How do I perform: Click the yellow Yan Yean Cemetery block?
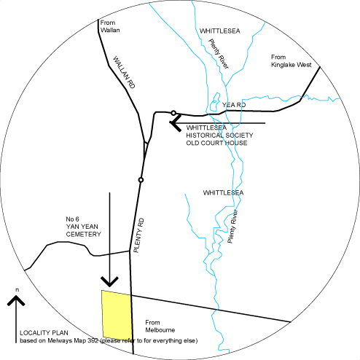117,315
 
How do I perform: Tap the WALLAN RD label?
124,72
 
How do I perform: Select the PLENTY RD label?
139,235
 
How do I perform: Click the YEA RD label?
234,105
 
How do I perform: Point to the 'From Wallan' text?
110,26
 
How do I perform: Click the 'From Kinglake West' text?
291,61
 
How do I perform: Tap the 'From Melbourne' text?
160,326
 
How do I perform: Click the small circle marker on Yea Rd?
173,113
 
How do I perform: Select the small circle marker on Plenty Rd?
141,180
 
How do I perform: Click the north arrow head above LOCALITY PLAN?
16,300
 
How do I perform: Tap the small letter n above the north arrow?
17,290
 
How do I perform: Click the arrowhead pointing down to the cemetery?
109,282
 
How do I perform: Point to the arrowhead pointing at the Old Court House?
176,123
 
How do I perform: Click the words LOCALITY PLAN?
44,333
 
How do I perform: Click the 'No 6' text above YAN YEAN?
72,219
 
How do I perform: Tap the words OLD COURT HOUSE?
216,143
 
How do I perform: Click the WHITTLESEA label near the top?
220,31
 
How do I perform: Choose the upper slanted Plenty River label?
219,54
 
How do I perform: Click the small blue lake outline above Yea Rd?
215,101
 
